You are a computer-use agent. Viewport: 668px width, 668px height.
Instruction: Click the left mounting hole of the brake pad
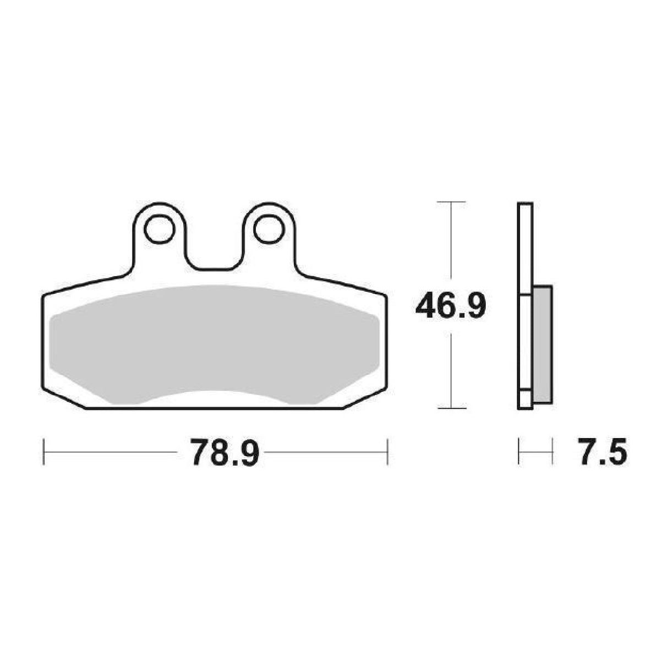click(160, 229)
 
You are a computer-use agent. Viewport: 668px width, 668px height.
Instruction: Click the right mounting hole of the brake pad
click(268, 229)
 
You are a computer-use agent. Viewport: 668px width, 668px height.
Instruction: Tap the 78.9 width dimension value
click(217, 452)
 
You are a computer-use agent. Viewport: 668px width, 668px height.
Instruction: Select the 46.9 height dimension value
click(451, 306)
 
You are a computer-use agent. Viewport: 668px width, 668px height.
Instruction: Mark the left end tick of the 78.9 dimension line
click(43, 452)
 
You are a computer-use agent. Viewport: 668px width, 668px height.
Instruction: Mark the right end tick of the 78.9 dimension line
click(388, 452)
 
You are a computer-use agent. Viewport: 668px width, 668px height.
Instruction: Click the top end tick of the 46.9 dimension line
click(451, 202)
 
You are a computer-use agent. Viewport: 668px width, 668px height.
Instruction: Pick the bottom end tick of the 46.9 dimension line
click(451, 408)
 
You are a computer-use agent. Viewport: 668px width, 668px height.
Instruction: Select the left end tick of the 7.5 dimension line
click(519, 452)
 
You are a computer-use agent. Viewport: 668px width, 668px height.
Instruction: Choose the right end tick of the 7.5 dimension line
click(551, 452)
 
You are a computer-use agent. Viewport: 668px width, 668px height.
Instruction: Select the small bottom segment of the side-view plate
click(525, 399)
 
